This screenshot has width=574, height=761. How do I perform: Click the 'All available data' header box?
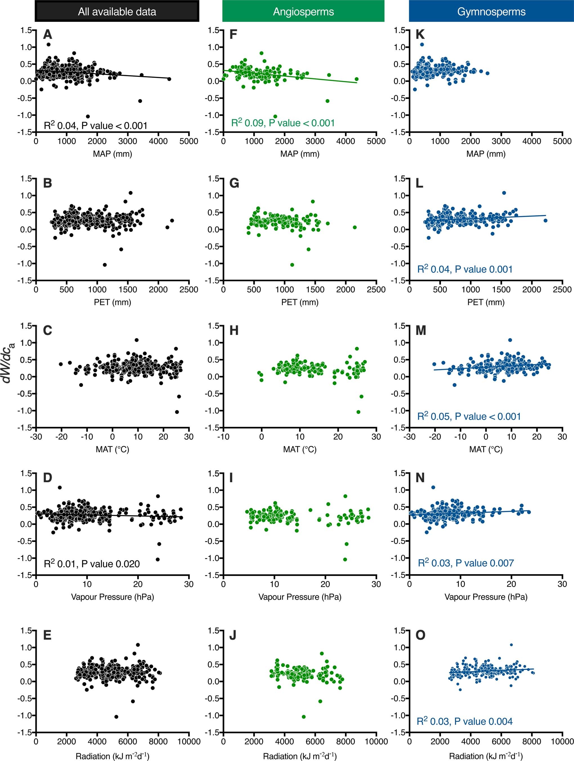(x=117, y=11)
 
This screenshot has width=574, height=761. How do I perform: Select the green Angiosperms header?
(x=303, y=11)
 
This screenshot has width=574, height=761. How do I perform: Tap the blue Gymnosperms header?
(x=491, y=11)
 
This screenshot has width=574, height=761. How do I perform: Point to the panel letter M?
(x=421, y=330)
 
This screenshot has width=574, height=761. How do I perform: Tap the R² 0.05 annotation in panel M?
(x=469, y=416)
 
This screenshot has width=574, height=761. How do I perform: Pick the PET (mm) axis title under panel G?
(x=300, y=302)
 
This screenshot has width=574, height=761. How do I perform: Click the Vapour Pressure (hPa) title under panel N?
(x=486, y=596)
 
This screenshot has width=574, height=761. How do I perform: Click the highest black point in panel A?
(x=48, y=44)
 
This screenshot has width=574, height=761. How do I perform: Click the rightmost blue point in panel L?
(x=545, y=221)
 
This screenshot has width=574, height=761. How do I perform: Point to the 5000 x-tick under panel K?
(x=562, y=141)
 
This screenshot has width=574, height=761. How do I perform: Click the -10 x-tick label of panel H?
(x=223, y=437)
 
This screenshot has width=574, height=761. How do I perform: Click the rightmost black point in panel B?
(x=172, y=221)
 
